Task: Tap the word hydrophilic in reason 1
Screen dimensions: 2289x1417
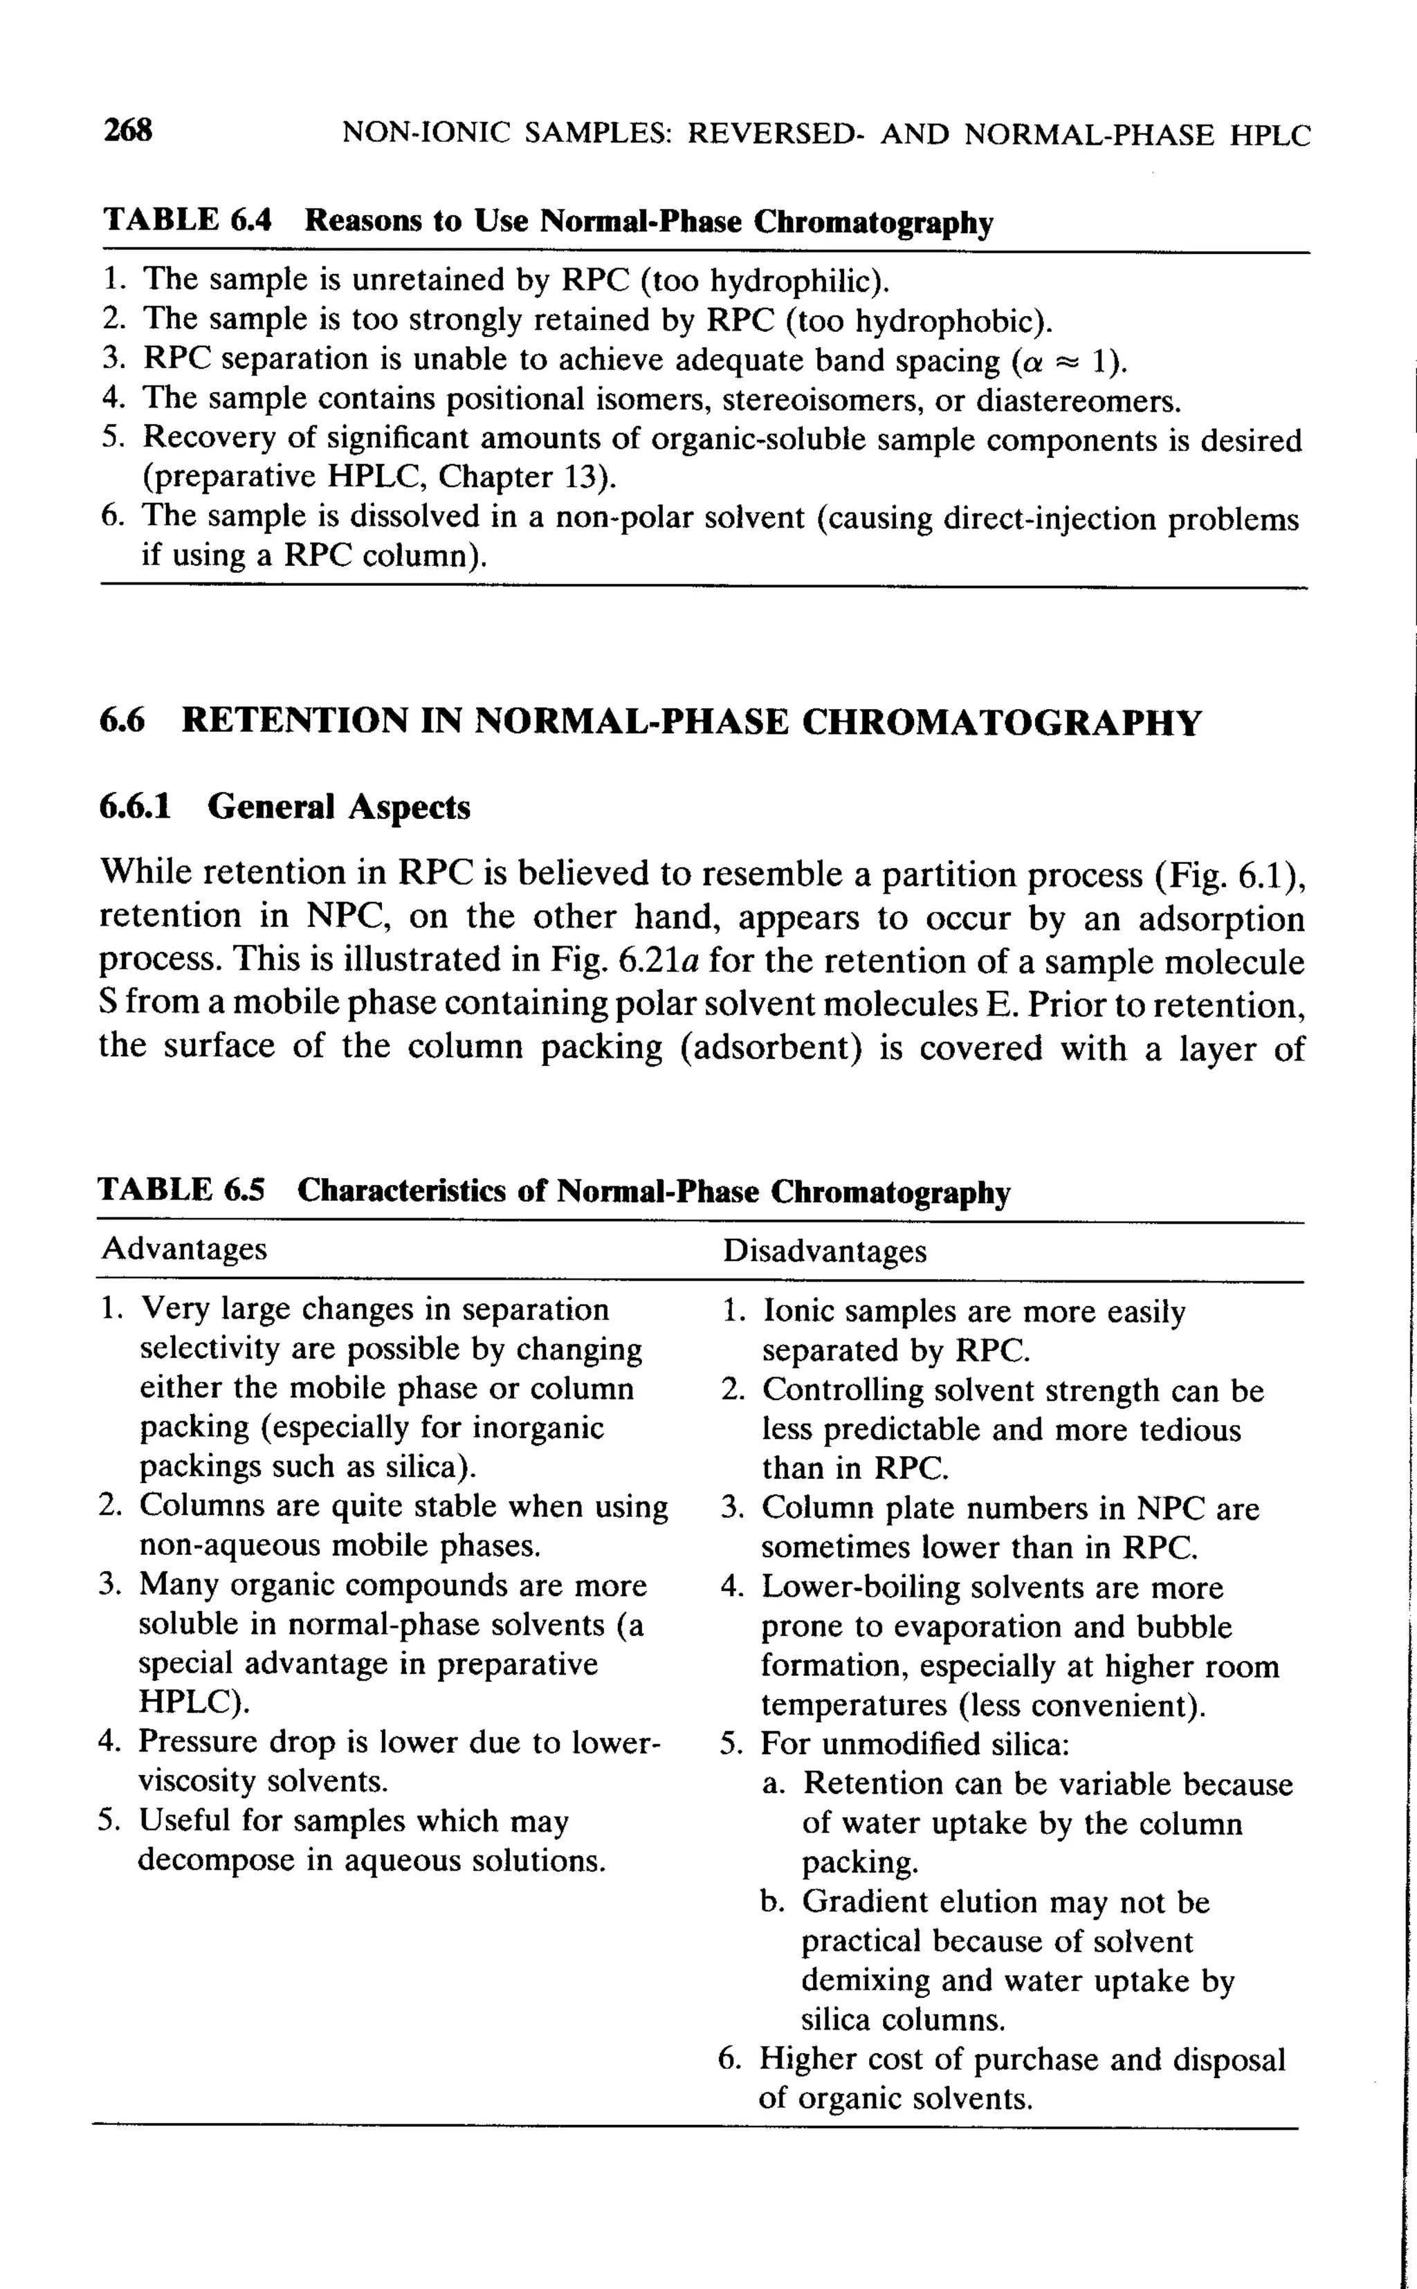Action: click(x=793, y=280)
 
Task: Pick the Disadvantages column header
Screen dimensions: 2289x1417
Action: click(x=824, y=1251)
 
